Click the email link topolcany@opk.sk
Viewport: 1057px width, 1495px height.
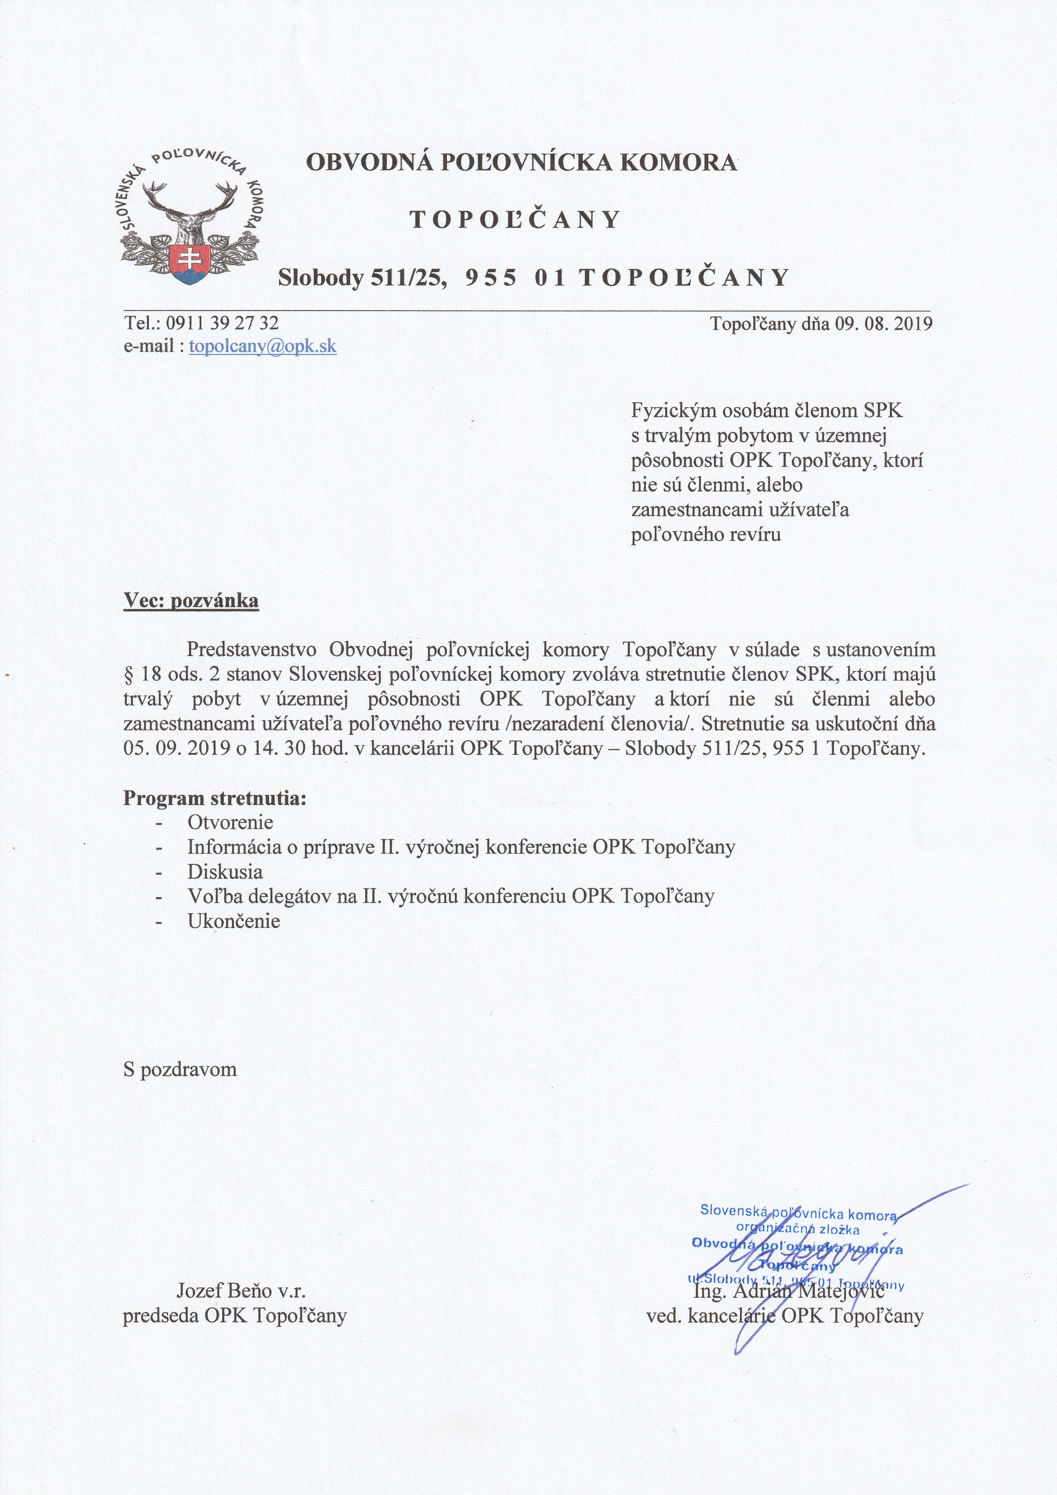pos(263,346)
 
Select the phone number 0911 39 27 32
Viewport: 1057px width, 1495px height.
pos(222,323)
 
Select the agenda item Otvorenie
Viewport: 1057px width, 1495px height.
pos(230,822)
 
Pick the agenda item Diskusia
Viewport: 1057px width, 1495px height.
pos(225,871)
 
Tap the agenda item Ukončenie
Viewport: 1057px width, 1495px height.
pos(233,921)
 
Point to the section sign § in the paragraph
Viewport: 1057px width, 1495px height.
pos(128,674)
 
